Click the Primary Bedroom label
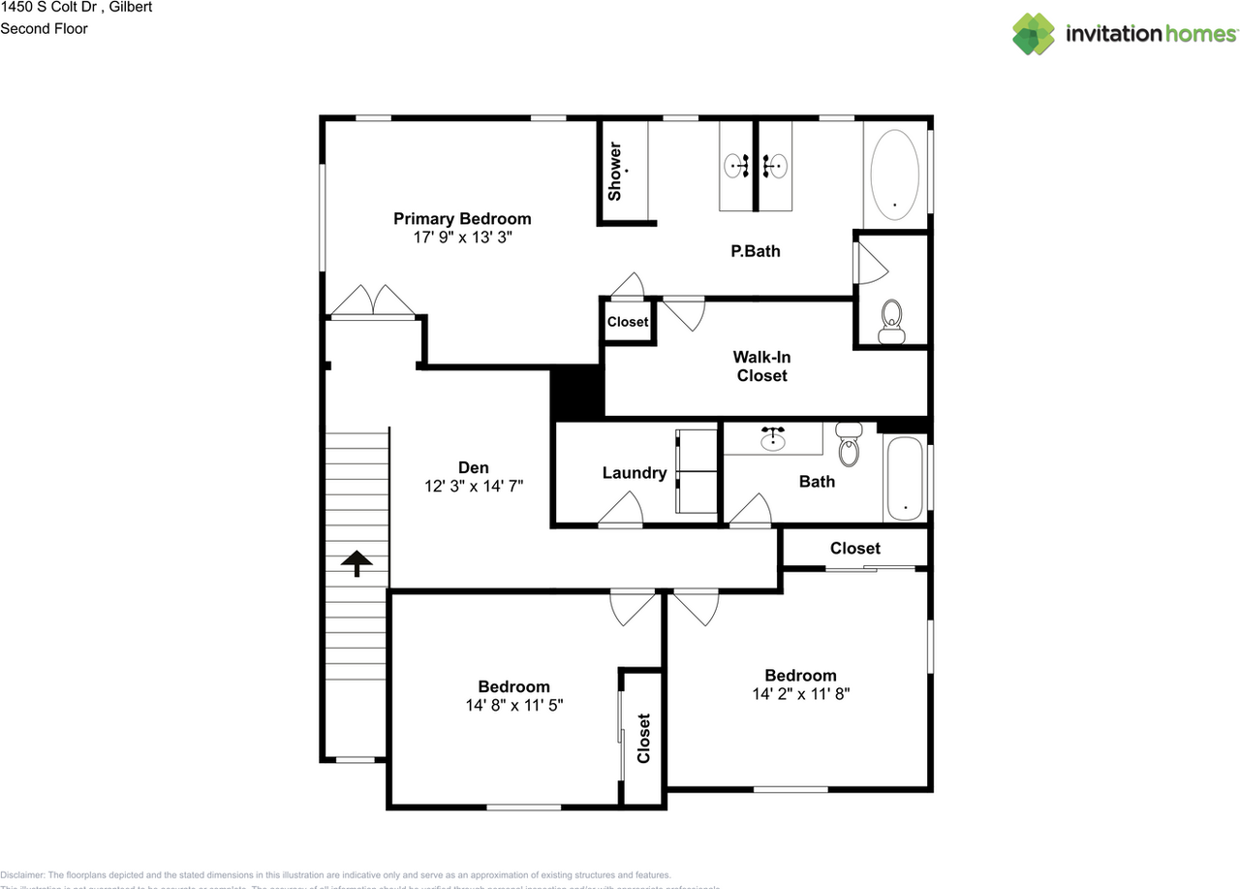[461, 218]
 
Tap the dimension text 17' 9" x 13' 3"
[461, 237]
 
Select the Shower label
[614, 173]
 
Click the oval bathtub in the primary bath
[894, 172]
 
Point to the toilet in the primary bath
[891, 321]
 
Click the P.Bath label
[755, 251]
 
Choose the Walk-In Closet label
[761, 366]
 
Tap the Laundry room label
[634, 473]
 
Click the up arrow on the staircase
[356, 562]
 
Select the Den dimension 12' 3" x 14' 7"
[474, 487]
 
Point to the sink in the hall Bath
[772, 441]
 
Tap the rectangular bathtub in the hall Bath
[905, 479]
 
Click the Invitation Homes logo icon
[1034, 34]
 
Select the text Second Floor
[44, 28]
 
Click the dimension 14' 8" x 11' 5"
[513, 706]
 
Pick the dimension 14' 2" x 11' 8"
[800, 694]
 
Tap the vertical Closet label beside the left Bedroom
[643, 738]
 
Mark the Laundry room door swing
[620, 510]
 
